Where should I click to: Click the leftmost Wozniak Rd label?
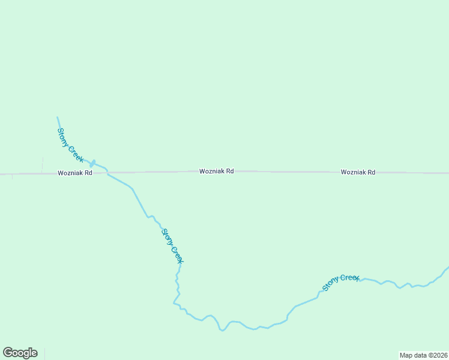75,173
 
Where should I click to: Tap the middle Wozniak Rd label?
217,172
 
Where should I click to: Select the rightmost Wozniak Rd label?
358,172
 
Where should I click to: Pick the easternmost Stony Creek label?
340,282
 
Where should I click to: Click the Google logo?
20,353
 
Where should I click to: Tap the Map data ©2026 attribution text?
423,355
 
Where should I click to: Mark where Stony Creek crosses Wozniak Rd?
107,173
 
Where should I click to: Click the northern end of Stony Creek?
58,118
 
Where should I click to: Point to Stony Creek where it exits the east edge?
447,268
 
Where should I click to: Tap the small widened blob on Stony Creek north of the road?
92,162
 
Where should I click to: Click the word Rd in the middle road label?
229,172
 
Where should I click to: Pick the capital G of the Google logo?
8,353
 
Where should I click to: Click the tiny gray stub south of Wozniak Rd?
12,177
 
